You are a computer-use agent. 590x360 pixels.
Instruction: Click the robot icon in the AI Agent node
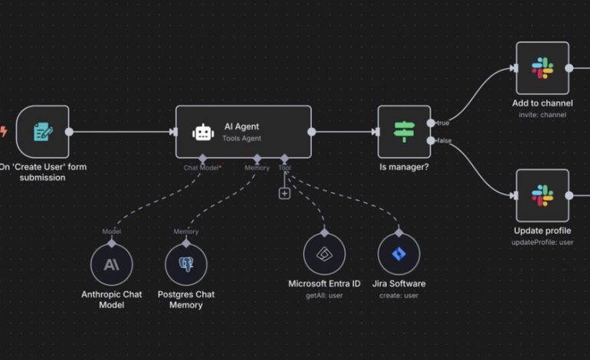pyautogui.click(x=202, y=132)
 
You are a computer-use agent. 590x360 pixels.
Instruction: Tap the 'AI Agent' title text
pyautogui.click(x=241, y=126)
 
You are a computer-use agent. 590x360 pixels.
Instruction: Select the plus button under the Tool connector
pyautogui.click(x=284, y=194)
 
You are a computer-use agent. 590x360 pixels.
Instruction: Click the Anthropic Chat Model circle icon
pyautogui.click(x=111, y=264)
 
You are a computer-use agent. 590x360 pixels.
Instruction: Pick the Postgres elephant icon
pyautogui.click(x=185, y=264)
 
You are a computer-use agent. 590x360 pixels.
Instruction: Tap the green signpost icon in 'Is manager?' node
pyautogui.click(x=404, y=132)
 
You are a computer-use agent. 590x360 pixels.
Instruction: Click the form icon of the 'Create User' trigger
pyautogui.click(x=43, y=132)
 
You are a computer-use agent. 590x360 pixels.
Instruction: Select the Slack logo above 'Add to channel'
pyautogui.click(x=542, y=67)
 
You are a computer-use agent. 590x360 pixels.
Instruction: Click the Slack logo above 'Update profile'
pyautogui.click(x=542, y=196)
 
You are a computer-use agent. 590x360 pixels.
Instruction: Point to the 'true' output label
pyautogui.click(x=443, y=123)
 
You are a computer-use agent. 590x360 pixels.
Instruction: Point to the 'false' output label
pyautogui.click(x=444, y=140)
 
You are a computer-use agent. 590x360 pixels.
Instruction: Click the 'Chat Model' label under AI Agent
pyautogui.click(x=202, y=167)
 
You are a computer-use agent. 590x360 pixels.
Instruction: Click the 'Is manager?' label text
pyautogui.click(x=404, y=166)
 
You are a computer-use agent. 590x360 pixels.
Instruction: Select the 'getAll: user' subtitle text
pyautogui.click(x=324, y=295)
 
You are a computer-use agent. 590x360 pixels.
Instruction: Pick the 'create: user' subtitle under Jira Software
pyautogui.click(x=398, y=295)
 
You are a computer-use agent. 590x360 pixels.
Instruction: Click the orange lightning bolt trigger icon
pyautogui.click(x=3, y=132)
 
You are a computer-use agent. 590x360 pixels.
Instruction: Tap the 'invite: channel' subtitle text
pyautogui.click(x=542, y=115)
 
